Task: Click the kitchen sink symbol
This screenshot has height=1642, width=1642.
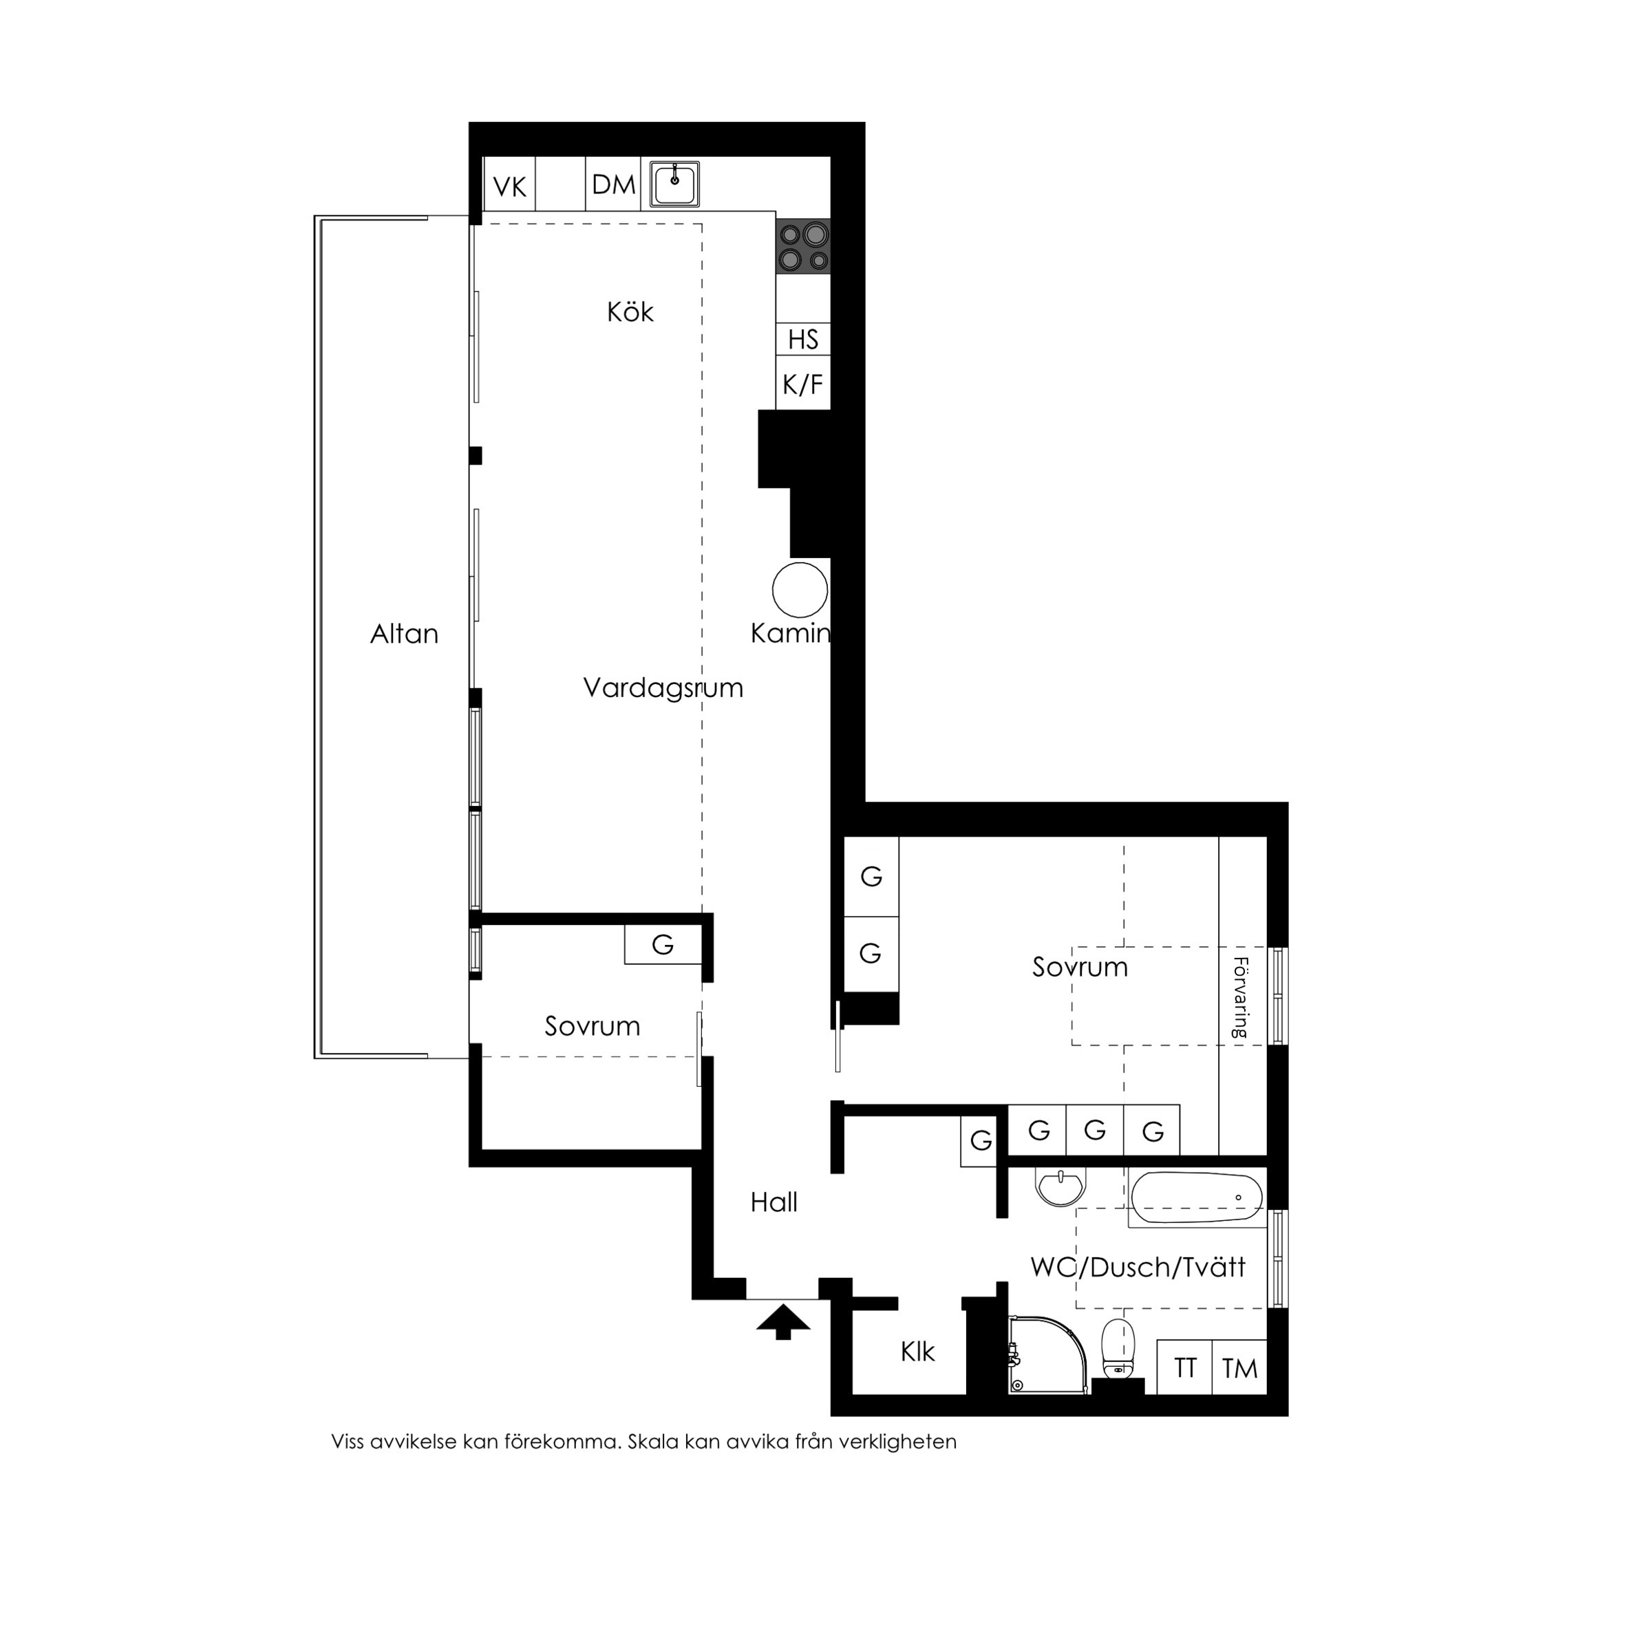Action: tap(675, 184)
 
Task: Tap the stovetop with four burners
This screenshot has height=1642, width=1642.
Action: tap(803, 246)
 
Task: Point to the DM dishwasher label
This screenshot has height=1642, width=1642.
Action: tap(614, 184)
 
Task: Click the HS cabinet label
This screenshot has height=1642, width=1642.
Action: tap(803, 340)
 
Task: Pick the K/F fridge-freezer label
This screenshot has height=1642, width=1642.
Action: tap(803, 385)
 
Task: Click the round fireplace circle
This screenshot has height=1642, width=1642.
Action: tap(800, 590)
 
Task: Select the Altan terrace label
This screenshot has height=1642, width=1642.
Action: tap(405, 634)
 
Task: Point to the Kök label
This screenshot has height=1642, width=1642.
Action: tap(630, 312)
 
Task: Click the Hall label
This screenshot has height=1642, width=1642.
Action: tap(774, 1202)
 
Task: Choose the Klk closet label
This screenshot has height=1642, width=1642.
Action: tap(918, 1352)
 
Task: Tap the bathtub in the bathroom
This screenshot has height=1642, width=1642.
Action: tap(1197, 1199)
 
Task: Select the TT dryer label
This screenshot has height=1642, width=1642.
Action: tap(1185, 1368)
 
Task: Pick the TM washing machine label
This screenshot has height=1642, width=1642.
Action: tap(1240, 1368)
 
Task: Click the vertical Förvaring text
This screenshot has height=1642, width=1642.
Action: tap(1240, 998)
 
